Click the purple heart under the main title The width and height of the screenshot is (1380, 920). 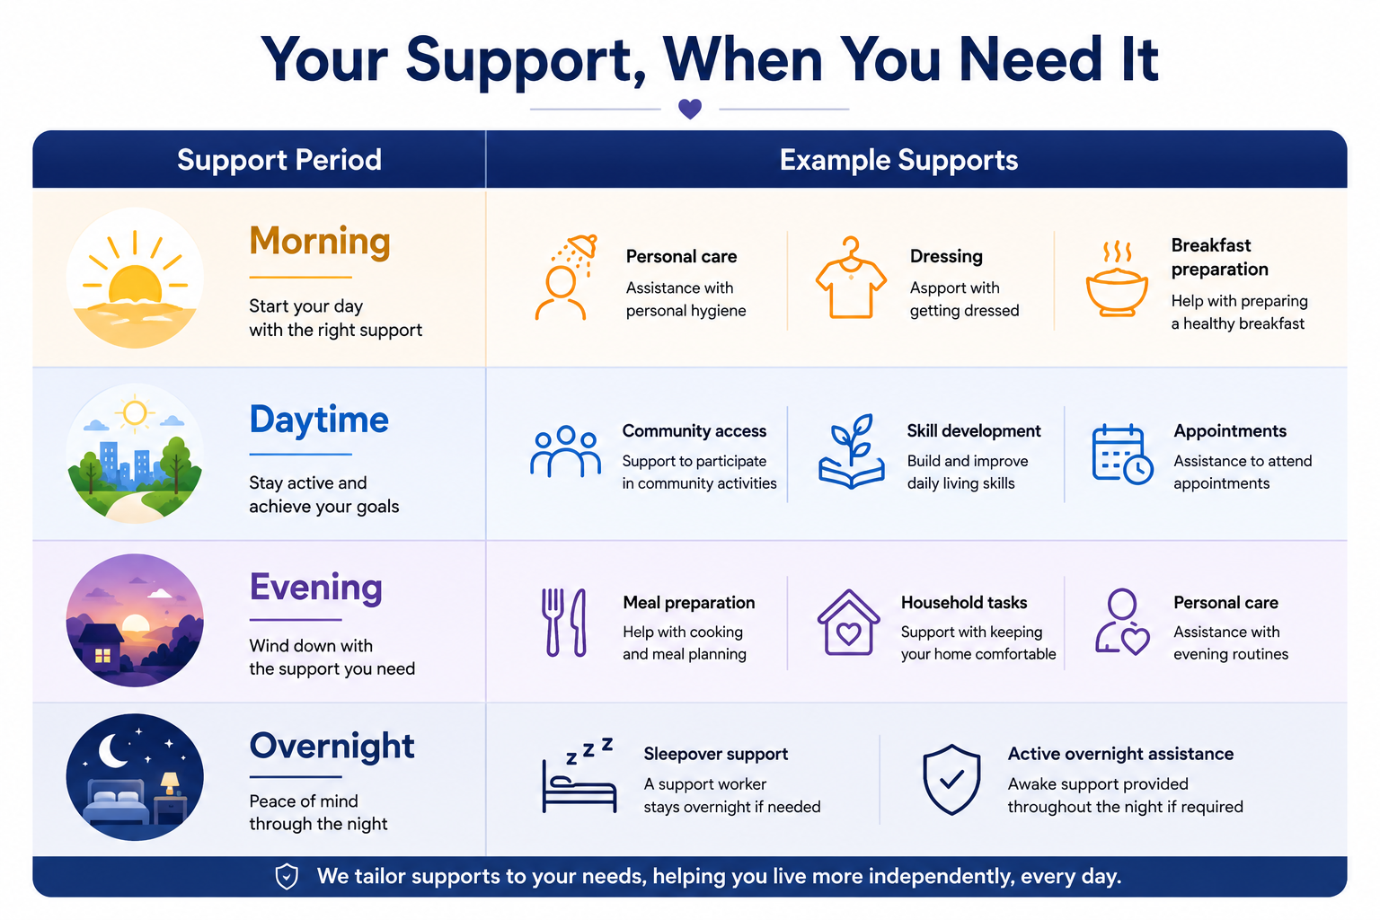[x=689, y=109]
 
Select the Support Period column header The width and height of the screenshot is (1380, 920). [x=279, y=160]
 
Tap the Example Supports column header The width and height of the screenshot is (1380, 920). [x=898, y=160]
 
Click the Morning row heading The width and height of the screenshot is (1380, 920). [x=320, y=241]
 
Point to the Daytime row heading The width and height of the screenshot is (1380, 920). [x=319, y=420]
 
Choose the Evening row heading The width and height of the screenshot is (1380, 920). [x=315, y=588]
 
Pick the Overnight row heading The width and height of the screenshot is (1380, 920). [x=332, y=747]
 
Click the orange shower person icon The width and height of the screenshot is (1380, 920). [x=565, y=277]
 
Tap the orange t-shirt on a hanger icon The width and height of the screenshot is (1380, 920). [x=851, y=278]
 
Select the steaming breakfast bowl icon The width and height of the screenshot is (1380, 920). [x=1117, y=279]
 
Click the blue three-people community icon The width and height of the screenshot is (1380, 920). [x=565, y=452]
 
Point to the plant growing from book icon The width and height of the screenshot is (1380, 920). [x=852, y=452]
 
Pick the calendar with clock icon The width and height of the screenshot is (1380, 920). [x=1122, y=455]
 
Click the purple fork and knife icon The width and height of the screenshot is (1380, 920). [x=563, y=623]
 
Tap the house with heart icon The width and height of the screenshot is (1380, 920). [x=848, y=623]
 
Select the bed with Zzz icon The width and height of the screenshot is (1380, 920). [x=579, y=775]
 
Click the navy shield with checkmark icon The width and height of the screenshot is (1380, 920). [x=951, y=780]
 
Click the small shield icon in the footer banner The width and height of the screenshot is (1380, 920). [x=287, y=876]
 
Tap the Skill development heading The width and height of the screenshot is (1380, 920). [x=973, y=430]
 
